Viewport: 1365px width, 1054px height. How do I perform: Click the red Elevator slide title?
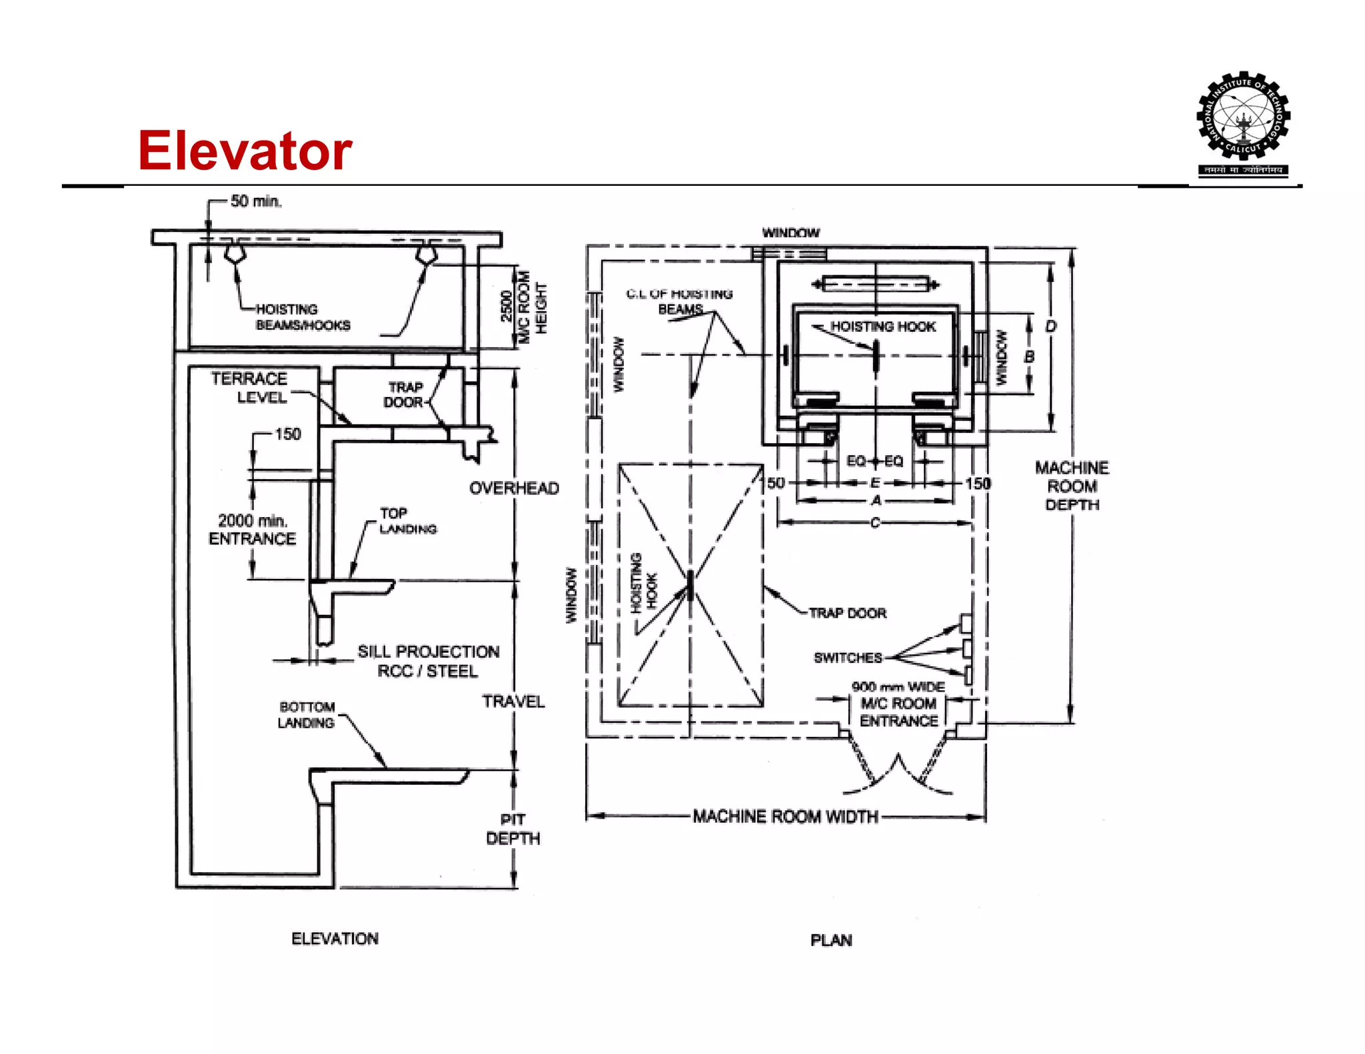(245, 151)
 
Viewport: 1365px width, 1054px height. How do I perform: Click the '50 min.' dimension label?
(256, 201)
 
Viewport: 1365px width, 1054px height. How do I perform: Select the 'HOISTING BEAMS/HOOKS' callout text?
(302, 317)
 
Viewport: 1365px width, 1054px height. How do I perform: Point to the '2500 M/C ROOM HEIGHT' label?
(524, 306)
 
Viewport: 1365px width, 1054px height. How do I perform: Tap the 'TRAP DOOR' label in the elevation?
(404, 394)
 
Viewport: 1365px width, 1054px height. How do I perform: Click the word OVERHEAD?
(514, 488)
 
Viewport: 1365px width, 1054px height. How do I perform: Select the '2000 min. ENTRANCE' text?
(252, 530)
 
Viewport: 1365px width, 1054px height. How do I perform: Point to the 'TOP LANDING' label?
(407, 521)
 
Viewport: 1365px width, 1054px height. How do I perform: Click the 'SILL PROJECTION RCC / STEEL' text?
(428, 661)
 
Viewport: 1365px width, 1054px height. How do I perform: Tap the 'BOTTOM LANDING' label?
(307, 715)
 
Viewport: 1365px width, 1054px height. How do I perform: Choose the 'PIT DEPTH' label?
(513, 829)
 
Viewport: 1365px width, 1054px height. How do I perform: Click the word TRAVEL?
(513, 702)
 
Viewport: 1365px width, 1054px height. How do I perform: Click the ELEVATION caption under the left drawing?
(335, 939)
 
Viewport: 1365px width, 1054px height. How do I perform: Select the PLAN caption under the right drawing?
(831, 940)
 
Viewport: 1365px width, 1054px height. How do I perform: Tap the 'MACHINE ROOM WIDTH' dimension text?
(785, 816)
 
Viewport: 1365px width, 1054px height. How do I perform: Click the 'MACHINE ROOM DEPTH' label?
(1072, 486)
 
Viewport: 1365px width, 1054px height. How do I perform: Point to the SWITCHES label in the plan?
(847, 658)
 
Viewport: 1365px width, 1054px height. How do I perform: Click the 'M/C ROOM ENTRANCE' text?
(898, 712)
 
